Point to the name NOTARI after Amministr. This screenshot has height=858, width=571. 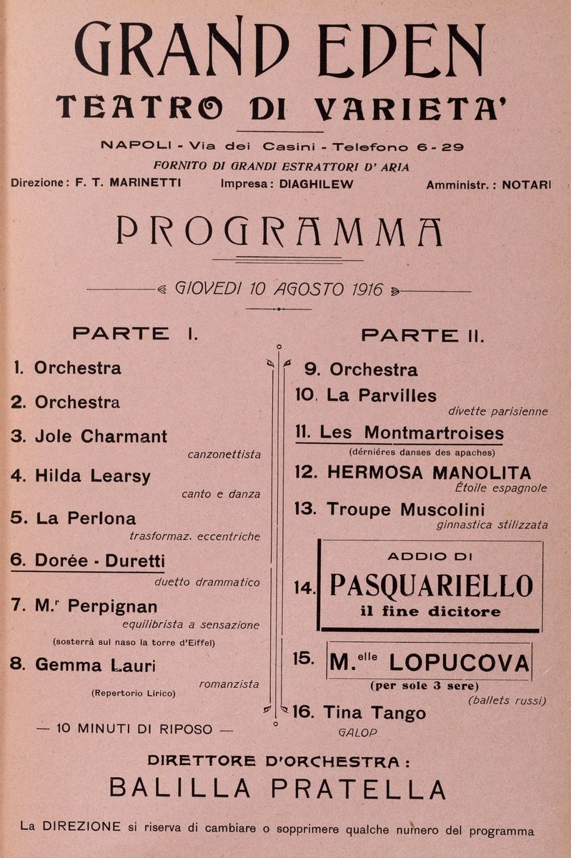tap(527, 184)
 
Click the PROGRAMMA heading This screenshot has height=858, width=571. tap(279, 232)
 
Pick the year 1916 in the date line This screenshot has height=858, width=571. tap(367, 290)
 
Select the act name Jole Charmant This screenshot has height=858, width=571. tap(101, 436)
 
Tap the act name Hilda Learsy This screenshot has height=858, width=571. tap(93, 475)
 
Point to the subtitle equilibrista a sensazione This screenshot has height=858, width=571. tap(191, 624)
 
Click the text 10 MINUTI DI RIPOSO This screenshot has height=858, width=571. tap(134, 729)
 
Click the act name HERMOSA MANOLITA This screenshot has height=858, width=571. tap(429, 473)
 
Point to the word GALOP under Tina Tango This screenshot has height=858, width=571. tap(357, 732)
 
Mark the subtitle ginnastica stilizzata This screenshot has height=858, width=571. tap(492, 525)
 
